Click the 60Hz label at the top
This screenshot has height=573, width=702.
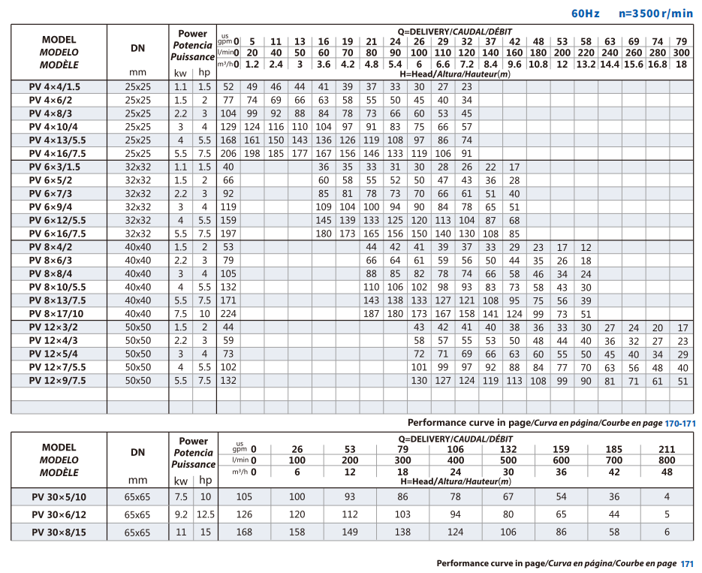[585, 14]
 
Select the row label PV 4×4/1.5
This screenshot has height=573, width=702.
[55, 87]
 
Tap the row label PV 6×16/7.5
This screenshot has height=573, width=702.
[57, 234]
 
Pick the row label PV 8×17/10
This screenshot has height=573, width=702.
[56, 314]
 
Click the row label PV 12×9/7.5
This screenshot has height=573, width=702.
[57, 381]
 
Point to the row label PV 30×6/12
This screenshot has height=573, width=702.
[59, 515]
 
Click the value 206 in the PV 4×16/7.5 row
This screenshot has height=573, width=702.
[228, 153]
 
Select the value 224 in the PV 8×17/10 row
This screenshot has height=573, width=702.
[228, 314]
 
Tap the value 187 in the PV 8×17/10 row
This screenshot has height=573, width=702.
[371, 314]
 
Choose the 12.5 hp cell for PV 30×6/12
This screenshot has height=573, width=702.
[206, 515]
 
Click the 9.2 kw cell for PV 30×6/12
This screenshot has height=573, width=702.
[181, 515]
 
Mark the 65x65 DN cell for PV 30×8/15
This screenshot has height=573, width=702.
[137, 532]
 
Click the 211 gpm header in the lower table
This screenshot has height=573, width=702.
[667, 449]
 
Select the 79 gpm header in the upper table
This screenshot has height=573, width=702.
[682, 41]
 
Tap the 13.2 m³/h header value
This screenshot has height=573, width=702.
[586, 65]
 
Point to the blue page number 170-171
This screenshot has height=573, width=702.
[680, 424]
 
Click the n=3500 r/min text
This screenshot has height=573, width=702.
[656, 14]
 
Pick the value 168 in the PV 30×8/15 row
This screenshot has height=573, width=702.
[245, 532]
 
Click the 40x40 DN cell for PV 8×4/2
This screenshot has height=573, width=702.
[138, 247]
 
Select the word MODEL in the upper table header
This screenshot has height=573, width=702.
[59, 40]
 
